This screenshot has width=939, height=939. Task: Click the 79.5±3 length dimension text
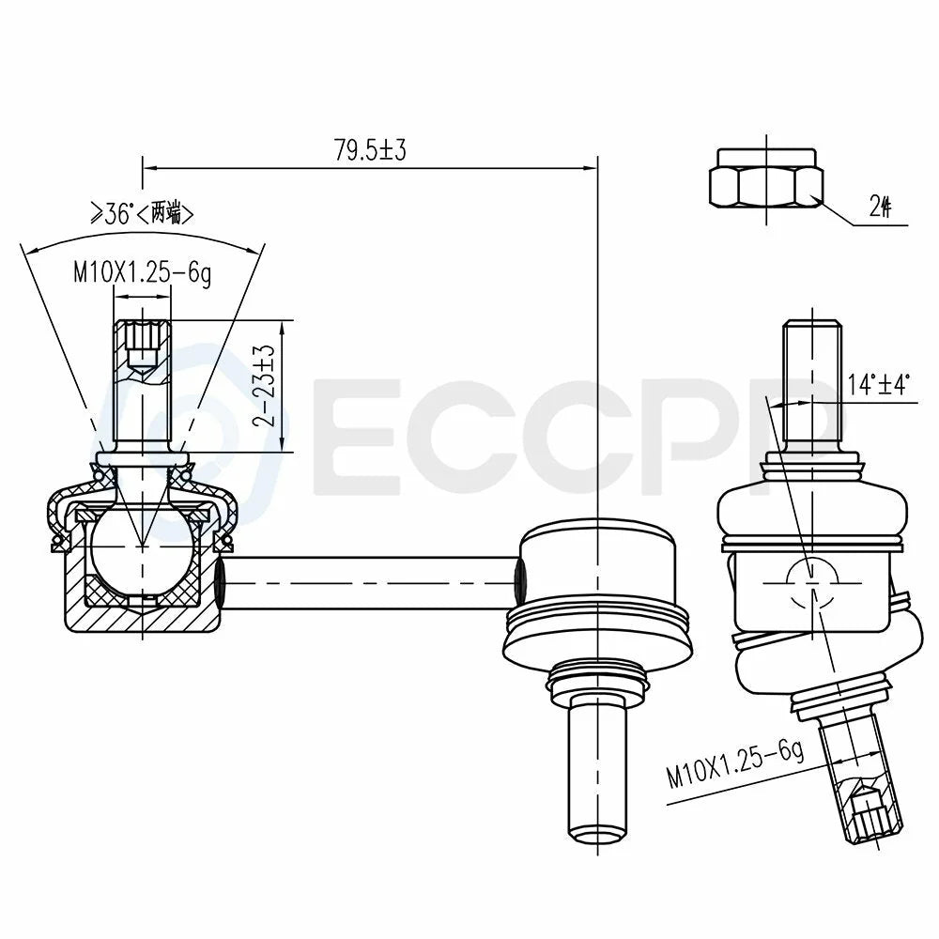[x=370, y=149]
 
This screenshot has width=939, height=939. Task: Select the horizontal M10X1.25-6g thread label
[x=143, y=273]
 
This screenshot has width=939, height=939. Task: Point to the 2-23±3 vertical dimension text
[x=264, y=385]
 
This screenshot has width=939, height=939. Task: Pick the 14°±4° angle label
[x=879, y=383]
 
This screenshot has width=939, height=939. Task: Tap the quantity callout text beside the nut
[x=880, y=208]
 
